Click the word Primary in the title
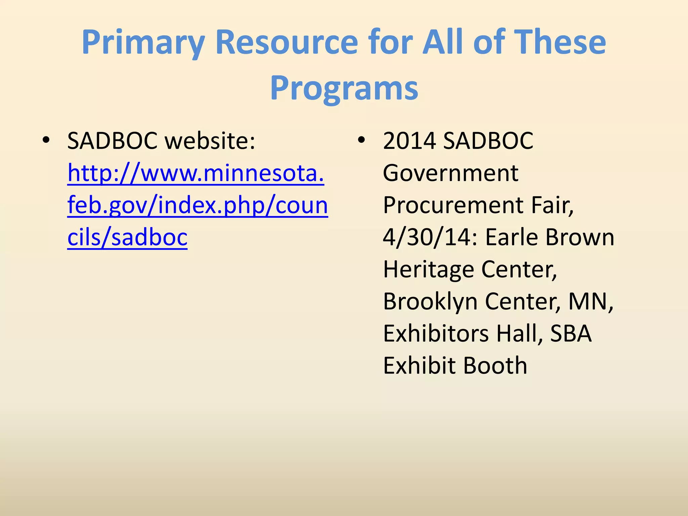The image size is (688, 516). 143,43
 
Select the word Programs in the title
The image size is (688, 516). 344,88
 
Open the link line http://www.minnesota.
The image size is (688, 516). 196,173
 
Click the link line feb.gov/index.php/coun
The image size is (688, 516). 198,205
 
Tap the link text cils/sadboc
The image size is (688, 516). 127,238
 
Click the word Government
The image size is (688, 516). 450,173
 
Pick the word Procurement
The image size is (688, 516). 453,205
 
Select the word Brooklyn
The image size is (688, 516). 430,301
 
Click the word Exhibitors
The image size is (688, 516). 436,334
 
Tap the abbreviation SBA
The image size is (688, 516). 571,334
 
